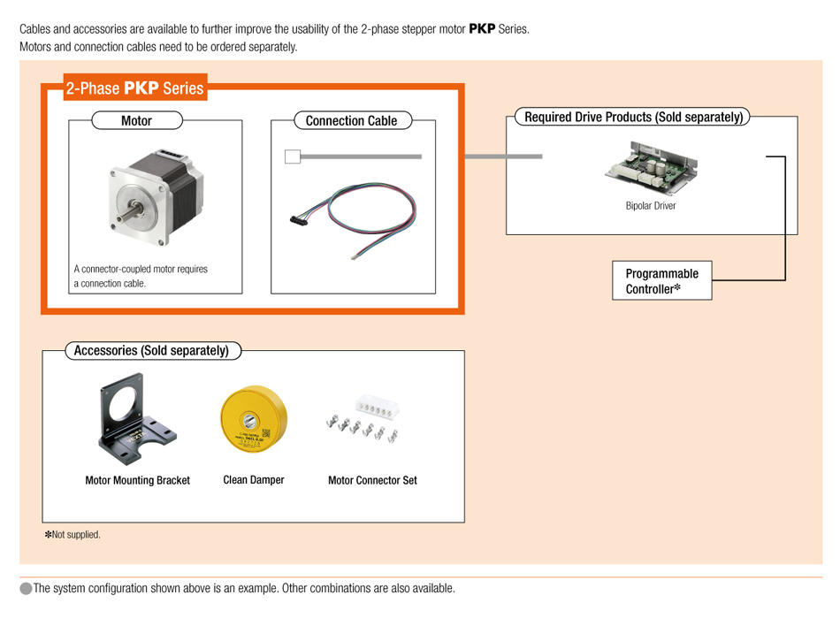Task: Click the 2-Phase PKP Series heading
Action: [x=134, y=88]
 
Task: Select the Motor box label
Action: [x=136, y=121]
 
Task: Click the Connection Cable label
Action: [x=351, y=121]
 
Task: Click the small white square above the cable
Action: [x=293, y=157]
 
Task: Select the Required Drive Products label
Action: [x=633, y=117]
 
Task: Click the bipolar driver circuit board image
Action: [x=650, y=167]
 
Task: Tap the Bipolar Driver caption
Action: [x=650, y=206]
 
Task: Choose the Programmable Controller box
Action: [x=661, y=281]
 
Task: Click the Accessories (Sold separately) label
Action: [x=151, y=351]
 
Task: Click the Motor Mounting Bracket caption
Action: [x=137, y=481]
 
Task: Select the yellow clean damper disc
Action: [x=254, y=419]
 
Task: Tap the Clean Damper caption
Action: [x=254, y=480]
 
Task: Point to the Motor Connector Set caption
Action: [x=372, y=481]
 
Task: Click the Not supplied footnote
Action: [x=73, y=535]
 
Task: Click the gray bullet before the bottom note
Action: [x=26, y=589]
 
